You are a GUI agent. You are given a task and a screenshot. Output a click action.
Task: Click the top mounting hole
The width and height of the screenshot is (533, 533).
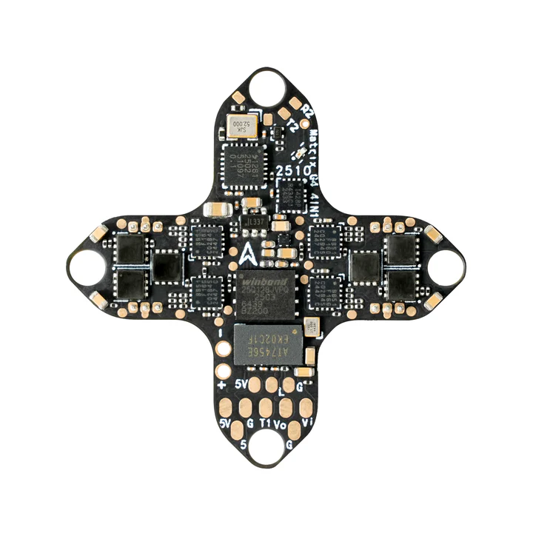click(265, 87)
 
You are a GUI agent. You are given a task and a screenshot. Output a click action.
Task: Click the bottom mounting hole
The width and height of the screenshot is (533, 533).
click(265, 447)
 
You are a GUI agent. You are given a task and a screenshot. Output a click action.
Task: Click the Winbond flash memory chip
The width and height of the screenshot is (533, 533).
click(267, 292)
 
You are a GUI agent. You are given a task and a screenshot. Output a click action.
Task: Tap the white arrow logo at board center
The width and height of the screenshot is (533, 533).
click(249, 256)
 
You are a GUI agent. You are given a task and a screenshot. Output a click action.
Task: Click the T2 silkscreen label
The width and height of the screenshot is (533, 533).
click(295, 126)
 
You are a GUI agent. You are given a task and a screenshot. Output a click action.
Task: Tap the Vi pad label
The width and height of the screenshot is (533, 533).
click(307, 423)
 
